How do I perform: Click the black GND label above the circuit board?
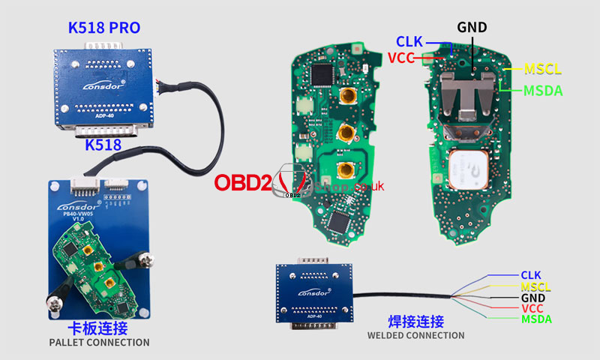[472, 28]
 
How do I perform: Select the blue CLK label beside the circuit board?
[410, 42]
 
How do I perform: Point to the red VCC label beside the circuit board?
[403, 58]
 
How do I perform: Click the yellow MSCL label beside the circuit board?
[543, 70]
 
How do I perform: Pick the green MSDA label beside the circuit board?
[543, 91]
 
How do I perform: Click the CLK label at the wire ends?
[530, 275]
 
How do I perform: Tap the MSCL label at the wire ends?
[535, 286]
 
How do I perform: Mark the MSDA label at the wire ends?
[535, 319]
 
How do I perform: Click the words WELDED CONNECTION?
[415, 335]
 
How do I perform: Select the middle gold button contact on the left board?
[346, 133]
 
